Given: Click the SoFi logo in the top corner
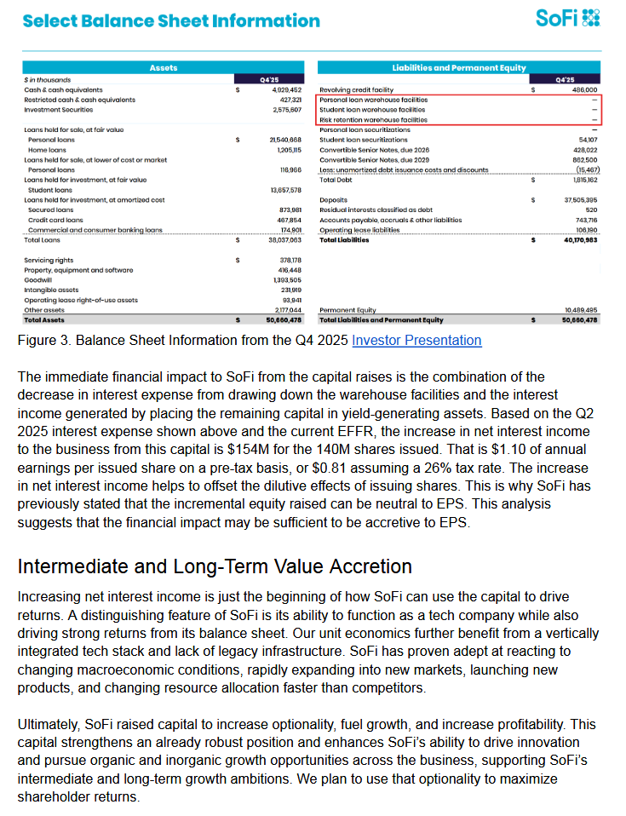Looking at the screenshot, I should click(568, 18).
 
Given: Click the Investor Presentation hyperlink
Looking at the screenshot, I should click(416, 341).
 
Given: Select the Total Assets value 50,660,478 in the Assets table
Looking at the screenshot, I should click(284, 320).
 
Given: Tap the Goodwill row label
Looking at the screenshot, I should click(40, 279).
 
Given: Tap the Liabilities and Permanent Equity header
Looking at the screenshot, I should click(459, 67).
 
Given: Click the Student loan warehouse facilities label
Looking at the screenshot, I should click(372, 110).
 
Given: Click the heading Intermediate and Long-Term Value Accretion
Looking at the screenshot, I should click(215, 566).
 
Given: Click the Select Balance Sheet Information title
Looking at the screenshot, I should click(171, 20).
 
